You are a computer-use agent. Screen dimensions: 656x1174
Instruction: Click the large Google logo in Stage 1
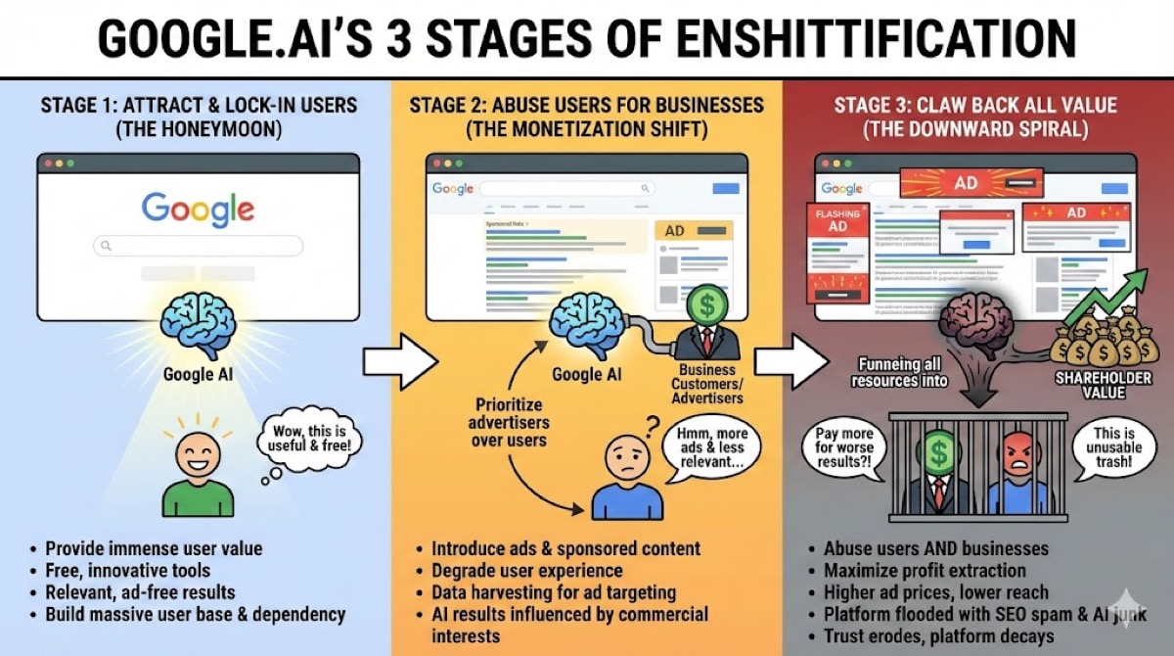click(x=198, y=209)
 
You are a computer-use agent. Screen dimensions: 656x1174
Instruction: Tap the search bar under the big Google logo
click(x=198, y=246)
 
